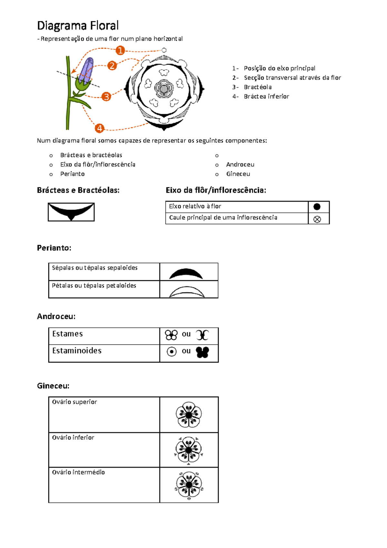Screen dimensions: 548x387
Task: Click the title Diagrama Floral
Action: pos(78,26)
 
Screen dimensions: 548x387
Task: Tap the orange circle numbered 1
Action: pos(120,50)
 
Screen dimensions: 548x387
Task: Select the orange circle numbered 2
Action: pos(112,66)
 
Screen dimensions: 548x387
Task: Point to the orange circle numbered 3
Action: pos(106,97)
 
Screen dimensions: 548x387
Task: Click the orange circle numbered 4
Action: pos(100,128)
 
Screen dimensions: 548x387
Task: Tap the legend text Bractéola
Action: pos(258,87)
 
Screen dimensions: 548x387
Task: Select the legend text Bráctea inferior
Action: pos(266,97)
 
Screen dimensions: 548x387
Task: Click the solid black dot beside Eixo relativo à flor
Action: pos(317,207)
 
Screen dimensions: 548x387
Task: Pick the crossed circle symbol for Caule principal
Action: pos(317,219)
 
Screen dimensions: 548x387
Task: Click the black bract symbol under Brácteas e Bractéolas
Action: pos(71,212)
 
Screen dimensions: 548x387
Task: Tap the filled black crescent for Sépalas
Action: pos(186,274)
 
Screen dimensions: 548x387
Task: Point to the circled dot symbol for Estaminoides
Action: pos(172,351)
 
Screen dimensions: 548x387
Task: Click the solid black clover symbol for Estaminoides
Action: pos(203,352)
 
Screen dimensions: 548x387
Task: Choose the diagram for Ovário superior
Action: pos(189,415)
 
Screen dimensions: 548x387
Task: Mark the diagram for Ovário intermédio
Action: pos(189,485)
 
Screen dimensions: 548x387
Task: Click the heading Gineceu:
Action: pos(53,386)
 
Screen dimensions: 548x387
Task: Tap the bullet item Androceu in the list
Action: pos(240,165)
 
